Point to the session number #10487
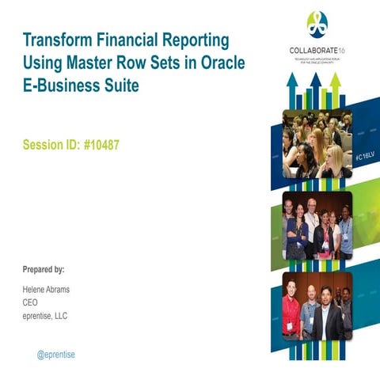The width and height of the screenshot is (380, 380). [101, 146]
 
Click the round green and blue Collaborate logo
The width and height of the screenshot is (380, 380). [317, 25]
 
